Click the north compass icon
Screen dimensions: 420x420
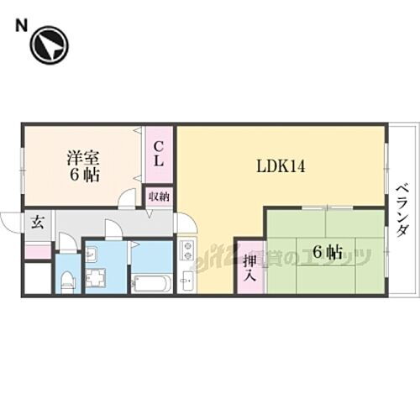pyautogui.click(x=48, y=47)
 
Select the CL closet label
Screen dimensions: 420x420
pyautogui.click(x=157, y=154)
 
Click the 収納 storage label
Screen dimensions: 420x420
pyautogui.click(x=158, y=196)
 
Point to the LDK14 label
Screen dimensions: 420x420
pyautogui.click(x=281, y=165)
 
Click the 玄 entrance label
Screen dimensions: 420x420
pyautogui.click(x=38, y=223)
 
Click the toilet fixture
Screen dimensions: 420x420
pyautogui.click(x=68, y=279)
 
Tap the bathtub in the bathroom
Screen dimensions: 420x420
pyautogui.click(x=152, y=282)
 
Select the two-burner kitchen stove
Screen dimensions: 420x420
pyautogui.click(x=187, y=249)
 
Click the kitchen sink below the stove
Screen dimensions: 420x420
pyautogui.click(x=188, y=281)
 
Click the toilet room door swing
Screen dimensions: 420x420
pyautogui.click(x=66, y=244)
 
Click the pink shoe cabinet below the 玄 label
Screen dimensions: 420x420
pyautogui.click(x=37, y=250)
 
